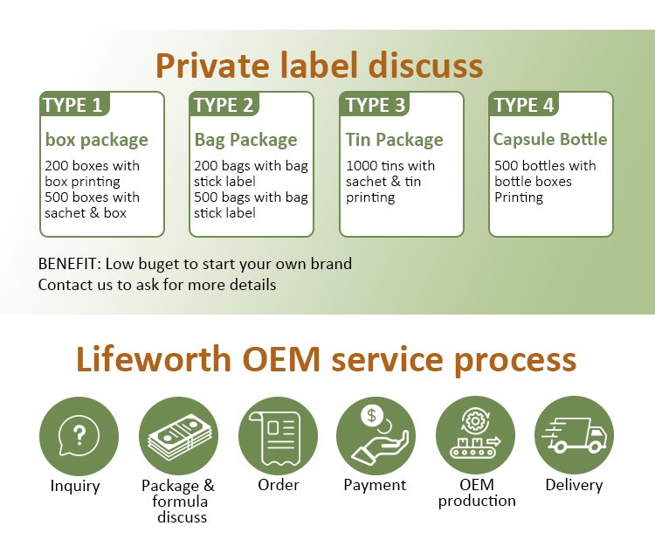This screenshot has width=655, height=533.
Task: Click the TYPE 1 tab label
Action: tap(72, 106)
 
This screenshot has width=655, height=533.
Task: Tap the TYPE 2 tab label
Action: tap(224, 106)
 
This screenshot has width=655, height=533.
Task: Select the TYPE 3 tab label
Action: tap(376, 106)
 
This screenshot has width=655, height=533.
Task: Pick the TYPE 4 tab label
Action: tap(524, 106)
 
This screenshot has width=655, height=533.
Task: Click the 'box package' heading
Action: tap(96, 140)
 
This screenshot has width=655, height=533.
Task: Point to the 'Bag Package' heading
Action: tap(245, 140)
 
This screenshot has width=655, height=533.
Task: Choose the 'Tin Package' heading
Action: tap(394, 140)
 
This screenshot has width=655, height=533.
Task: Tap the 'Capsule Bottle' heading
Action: tap(549, 139)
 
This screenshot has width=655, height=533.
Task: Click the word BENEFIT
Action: tap(68, 264)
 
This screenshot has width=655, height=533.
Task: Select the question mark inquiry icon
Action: tap(79, 435)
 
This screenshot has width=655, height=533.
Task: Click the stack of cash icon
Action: tap(178, 435)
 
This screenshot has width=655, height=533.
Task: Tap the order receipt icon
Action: tap(278, 435)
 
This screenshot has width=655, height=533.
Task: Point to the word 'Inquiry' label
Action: tap(75, 486)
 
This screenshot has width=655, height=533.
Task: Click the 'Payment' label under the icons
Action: tap(375, 485)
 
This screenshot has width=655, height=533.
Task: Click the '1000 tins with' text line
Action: tap(390, 166)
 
